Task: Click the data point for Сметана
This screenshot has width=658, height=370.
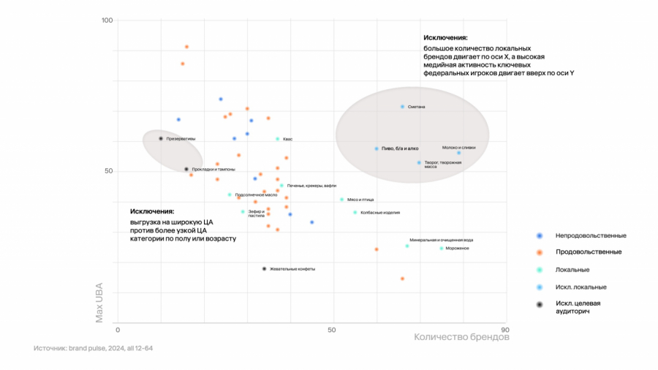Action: pyautogui.click(x=402, y=107)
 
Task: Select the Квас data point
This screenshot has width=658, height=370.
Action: pyautogui.click(x=278, y=139)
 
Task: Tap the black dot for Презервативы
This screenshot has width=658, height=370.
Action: pyautogui.click(x=161, y=138)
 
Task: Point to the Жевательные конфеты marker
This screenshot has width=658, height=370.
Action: pyautogui.click(x=264, y=269)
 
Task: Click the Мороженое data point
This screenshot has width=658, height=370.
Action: pyautogui.click(x=442, y=249)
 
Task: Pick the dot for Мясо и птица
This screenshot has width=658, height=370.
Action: pyautogui.click(x=341, y=200)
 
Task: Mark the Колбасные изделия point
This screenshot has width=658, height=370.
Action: pyautogui.click(x=355, y=213)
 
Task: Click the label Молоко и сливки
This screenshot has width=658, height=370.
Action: pyautogui.click(x=458, y=147)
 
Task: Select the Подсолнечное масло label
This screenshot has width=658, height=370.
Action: pyautogui.click(x=256, y=195)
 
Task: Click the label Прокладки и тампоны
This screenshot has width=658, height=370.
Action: pyautogui.click(x=213, y=170)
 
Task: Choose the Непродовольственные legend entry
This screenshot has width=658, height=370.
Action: pyautogui.click(x=591, y=235)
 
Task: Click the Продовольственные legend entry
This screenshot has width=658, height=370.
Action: pyautogui.click(x=589, y=252)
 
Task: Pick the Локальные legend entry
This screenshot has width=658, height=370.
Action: pyautogui.click(x=572, y=269)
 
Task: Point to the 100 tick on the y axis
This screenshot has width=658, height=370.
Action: pyautogui.click(x=107, y=20)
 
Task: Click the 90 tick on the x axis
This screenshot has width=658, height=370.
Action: pyautogui.click(x=504, y=330)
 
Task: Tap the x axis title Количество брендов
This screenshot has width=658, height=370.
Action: pyautogui.click(x=461, y=338)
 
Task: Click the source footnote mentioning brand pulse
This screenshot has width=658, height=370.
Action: pyautogui.click(x=94, y=348)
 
